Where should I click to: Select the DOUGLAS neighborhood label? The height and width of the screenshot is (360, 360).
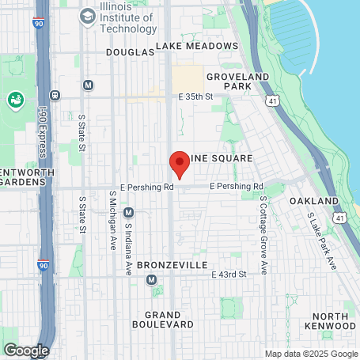click(x=130, y=51)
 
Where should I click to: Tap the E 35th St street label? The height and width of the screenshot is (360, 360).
click(x=196, y=97)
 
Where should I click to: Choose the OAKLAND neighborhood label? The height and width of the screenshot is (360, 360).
click(x=308, y=202)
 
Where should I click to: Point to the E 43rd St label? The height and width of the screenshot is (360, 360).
click(x=229, y=274)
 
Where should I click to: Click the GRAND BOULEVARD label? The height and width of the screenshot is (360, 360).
click(x=164, y=319)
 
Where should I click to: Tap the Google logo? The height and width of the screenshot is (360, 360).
click(x=26, y=350)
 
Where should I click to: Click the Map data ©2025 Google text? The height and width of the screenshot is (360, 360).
click(x=311, y=354)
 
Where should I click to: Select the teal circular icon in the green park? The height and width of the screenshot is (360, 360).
click(x=15, y=100)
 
